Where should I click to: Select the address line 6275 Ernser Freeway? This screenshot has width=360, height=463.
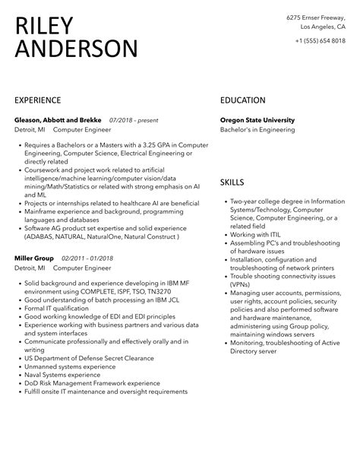[315, 17]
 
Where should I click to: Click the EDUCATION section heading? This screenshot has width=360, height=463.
[242, 100]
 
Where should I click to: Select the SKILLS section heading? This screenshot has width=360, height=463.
[232, 182]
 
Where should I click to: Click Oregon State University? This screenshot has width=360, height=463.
[257, 120]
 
